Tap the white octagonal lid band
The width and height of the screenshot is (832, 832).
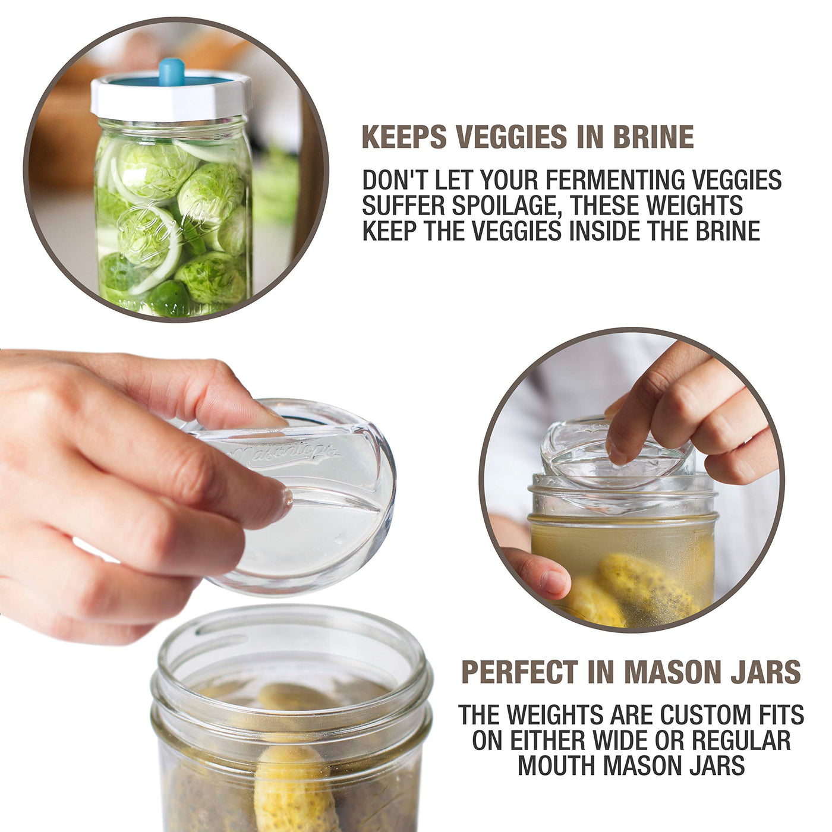tap(171, 99)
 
